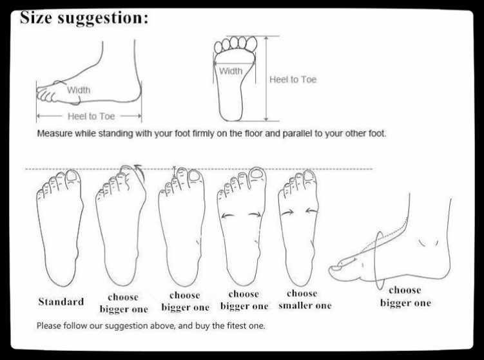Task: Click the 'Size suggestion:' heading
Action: point(84,18)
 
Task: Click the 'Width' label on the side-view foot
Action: point(79,90)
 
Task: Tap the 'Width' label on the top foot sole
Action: point(231,71)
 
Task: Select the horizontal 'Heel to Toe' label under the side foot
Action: point(91,117)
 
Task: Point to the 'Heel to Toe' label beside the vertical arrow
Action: point(293,80)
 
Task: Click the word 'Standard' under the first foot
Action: point(61,301)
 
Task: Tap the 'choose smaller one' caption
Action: point(305,299)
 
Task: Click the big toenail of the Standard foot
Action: point(72,176)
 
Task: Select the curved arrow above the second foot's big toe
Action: point(139,171)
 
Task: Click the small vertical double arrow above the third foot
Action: point(175,172)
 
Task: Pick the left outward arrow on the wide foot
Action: point(227,216)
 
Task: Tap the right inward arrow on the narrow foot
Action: point(312,211)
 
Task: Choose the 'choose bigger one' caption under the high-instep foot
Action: point(405,296)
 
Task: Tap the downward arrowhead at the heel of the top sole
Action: point(266,118)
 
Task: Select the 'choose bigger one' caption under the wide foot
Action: point(244,300)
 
